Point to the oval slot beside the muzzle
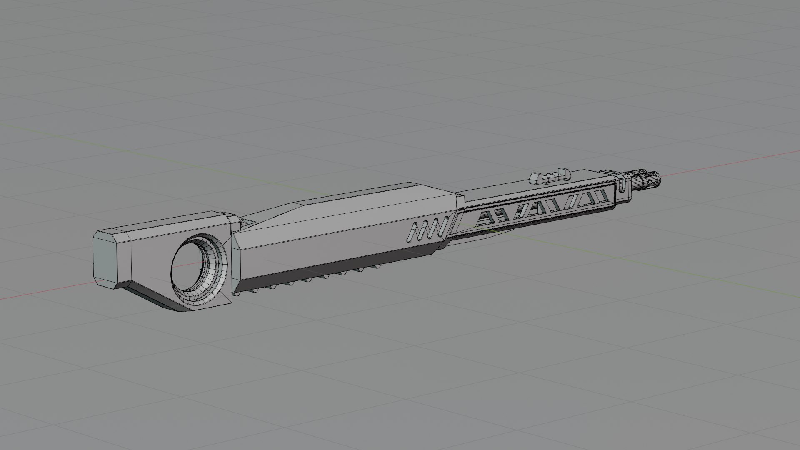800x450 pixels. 622,185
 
